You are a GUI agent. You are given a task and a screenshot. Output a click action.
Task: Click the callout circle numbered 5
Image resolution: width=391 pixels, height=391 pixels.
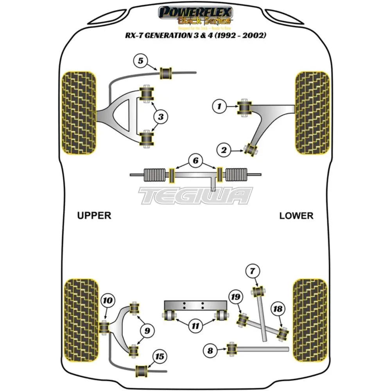tap(141, 61)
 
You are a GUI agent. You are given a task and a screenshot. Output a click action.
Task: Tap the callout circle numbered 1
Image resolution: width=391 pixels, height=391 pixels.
tap(220, 106)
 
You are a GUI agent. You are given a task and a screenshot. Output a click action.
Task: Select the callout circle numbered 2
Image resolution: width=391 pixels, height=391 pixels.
tap(224, 149)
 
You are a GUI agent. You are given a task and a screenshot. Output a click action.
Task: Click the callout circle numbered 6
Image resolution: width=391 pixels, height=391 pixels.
tap(195, 160)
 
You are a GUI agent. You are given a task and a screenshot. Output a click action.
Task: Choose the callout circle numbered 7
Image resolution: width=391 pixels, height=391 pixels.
tap(252, 271)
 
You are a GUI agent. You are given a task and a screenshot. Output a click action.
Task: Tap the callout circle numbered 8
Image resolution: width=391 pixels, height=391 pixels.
tap(210, 351)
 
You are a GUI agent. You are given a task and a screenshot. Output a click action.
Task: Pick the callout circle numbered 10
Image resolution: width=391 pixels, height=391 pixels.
tap(108, 301)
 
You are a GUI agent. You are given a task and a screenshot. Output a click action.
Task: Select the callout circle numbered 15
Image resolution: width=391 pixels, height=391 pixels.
tap(160, 356)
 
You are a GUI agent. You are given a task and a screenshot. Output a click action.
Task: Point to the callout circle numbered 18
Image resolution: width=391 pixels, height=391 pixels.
tap(278, 309)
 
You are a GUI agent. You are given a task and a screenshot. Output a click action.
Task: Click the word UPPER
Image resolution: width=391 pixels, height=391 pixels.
tap(94, 215)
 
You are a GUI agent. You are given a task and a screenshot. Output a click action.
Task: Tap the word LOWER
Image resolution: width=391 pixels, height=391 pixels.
tap(296, 215)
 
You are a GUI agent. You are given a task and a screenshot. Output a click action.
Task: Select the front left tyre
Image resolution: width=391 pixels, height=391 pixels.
tap(79, 112)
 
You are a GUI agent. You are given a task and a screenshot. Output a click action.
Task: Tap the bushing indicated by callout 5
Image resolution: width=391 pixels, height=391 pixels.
tap(167, 72)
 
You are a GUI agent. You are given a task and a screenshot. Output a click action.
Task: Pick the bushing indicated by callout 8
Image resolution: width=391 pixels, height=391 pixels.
tap(233, 349)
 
